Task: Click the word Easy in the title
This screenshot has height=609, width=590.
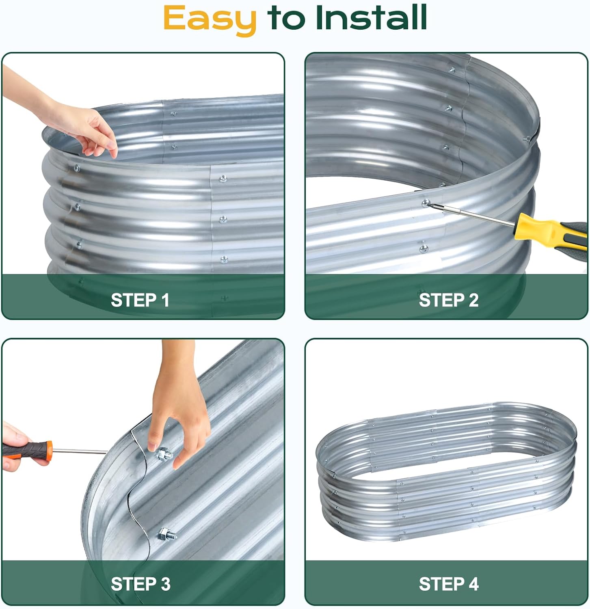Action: pos(210,19)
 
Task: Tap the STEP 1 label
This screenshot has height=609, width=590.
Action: pos(140,300)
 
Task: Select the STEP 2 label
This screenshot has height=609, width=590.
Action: pos(449,300)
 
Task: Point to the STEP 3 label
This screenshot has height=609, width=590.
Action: pos(140,584)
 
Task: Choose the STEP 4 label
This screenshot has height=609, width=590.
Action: pos(449,584)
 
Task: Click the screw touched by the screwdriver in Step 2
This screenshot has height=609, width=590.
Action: pos(426,203)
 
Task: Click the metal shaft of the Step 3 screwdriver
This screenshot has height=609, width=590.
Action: pos(80,451)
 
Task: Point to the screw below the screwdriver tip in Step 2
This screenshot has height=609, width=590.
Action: pos(424,247)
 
